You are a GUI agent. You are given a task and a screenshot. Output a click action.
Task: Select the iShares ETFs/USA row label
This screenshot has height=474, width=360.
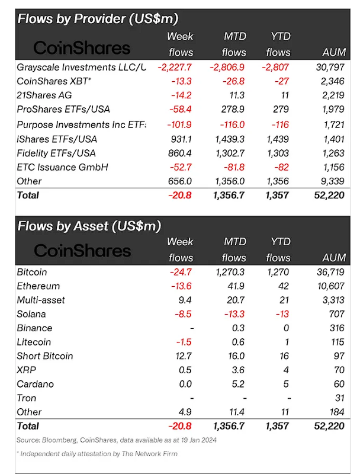tap(57, 139)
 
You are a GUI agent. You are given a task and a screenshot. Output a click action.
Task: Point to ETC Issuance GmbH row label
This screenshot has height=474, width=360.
tap(63, 167)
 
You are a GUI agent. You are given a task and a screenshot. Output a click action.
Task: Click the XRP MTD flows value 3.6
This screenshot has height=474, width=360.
tap(236, 370)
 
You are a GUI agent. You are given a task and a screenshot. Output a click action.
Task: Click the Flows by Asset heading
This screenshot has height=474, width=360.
tap(89, 226)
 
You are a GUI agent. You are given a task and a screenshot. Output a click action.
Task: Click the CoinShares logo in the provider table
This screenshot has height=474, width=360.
tap(81, 47)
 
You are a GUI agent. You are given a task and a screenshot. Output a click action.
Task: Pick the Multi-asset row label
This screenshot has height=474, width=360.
tap(41, 300)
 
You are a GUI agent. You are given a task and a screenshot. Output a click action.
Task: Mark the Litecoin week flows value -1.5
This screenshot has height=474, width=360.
tap(184, 342)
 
